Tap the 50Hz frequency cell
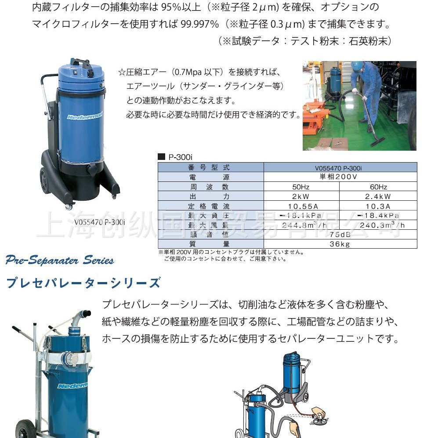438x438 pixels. [x=301, y=187]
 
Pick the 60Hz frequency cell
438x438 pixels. [x=378, y=187]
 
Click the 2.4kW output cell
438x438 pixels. [x=378, y=196]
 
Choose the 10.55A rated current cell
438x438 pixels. [x=301, y=206]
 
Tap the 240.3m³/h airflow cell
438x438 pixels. [x=378, y=225]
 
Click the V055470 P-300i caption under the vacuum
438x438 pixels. [x=99, y=222]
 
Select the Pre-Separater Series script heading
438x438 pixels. [x=60, y=260]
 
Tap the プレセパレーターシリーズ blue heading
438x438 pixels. [x=83, y=283]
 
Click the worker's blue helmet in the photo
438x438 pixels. [x=357, y=66]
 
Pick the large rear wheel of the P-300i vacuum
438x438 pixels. [x=45, y=180]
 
